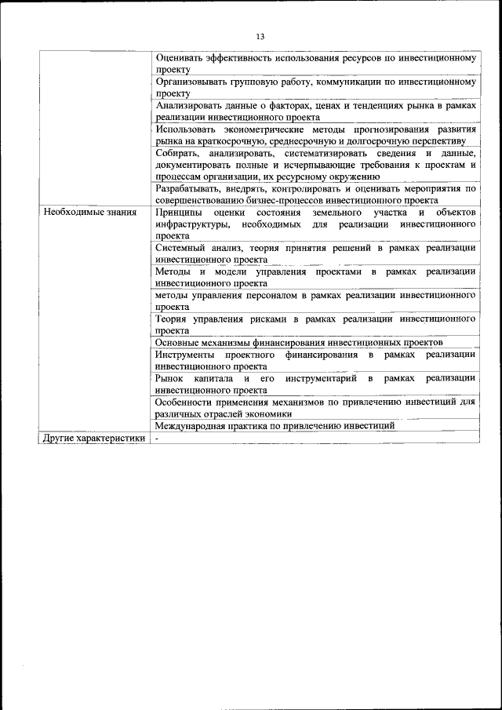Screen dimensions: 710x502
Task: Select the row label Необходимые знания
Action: (x=90, y=213)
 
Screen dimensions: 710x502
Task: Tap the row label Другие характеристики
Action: (x=94, y=439)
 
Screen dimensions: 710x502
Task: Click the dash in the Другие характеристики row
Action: (x=157, y=439)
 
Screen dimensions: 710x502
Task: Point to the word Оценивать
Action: (x=180, y=58)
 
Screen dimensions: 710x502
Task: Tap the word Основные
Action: (x=180, y=342)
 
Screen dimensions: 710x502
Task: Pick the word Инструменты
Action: (x=186, y=355)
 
